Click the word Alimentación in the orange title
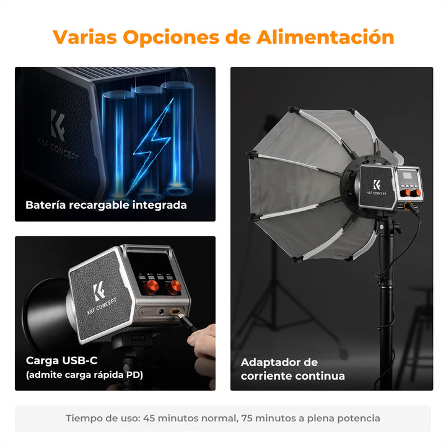[x=325, y=37]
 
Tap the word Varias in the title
[x=85, y=37]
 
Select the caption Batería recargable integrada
[x=106, y=205]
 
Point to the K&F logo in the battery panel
[x=58, y=125]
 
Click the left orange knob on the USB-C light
[x=151, y=286]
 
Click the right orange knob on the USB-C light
[x=174, y=287]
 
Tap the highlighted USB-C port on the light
[x=177, y=312]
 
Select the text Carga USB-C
[x=62, y=361]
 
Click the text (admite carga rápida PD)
[x=84, y=375]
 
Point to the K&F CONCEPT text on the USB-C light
[x=102, y=307]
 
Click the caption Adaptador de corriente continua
[x=292, y=369]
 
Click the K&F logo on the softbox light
[x=377, y=185]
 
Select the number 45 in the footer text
[x=149, y=418]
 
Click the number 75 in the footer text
[x=247, y=418]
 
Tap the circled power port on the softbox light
[x=408, y=206]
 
